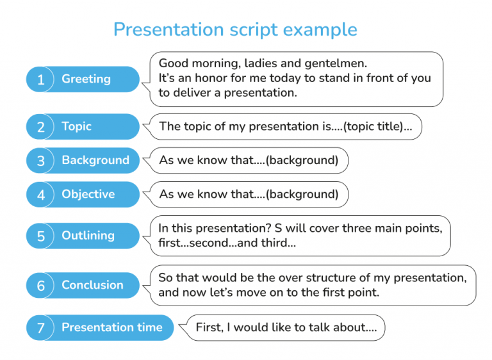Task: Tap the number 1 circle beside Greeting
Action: pos(41,79)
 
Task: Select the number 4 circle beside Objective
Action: pos(41,195)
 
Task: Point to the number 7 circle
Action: pos(41,328)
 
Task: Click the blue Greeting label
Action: pos(86,79)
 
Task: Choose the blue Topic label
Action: pos(77,126)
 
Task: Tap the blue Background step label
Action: pos(95,160)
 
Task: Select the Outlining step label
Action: pos(88,236)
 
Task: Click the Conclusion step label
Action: pos(92,285)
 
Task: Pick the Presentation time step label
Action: pos(112,327)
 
